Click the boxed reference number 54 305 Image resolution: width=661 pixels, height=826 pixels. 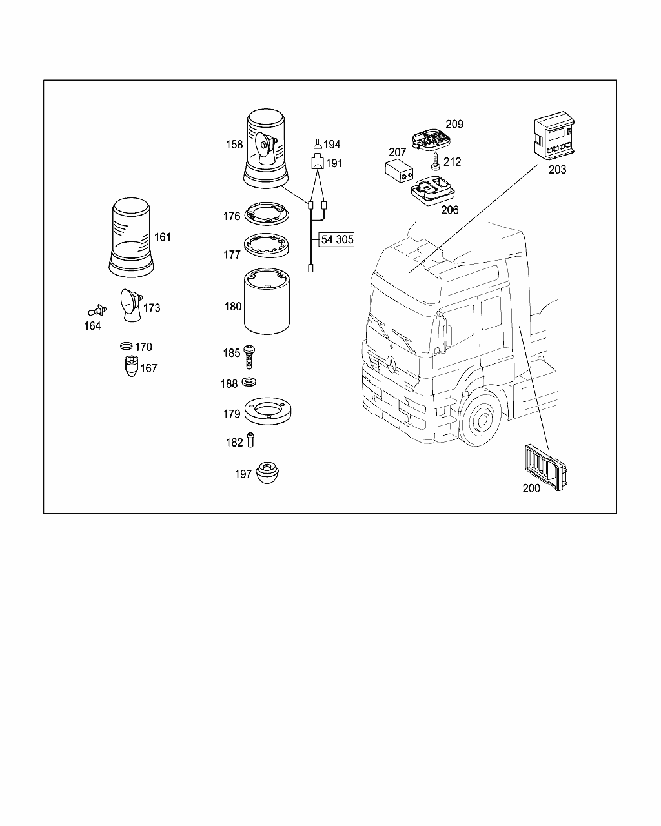(337, 240)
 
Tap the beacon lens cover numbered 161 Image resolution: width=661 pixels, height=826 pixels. (131, 237)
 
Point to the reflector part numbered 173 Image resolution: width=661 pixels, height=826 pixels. (131, 305)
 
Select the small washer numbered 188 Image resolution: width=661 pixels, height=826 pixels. (249, 383)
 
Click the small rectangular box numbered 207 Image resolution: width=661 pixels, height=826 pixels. (400, 173)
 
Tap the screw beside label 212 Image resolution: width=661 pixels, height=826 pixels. (436, 162)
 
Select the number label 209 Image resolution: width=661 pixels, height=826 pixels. (454, 124)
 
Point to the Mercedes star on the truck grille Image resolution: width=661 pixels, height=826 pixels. (392, 365)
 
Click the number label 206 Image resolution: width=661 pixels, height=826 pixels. (449, 210)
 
